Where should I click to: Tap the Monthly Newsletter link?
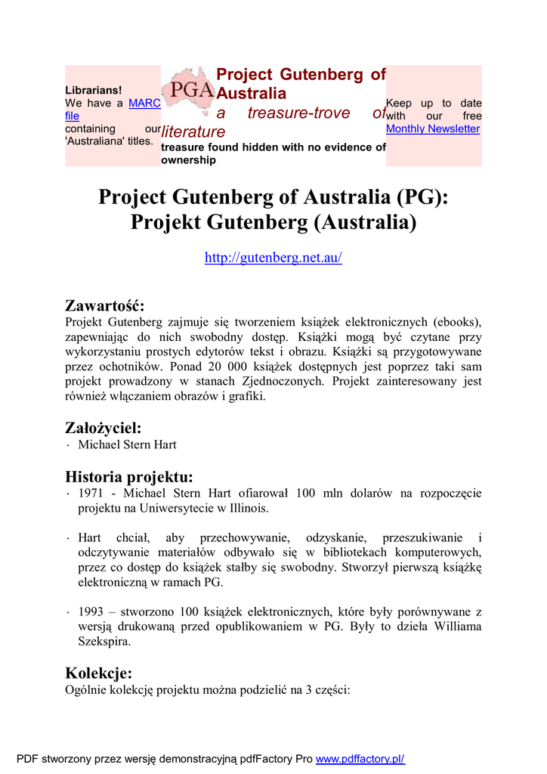(432, 129)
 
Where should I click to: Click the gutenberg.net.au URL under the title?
(273, 258)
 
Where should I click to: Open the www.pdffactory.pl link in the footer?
(360, 759)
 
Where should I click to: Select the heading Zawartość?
(104, 305)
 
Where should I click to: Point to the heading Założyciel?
(104, 428)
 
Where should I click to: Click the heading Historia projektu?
(129, 476)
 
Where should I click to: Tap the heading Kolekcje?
(99, 673)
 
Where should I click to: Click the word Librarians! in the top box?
(94, 91)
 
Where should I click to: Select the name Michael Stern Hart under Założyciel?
(127, 444)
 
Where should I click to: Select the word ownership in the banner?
(188, 160)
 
